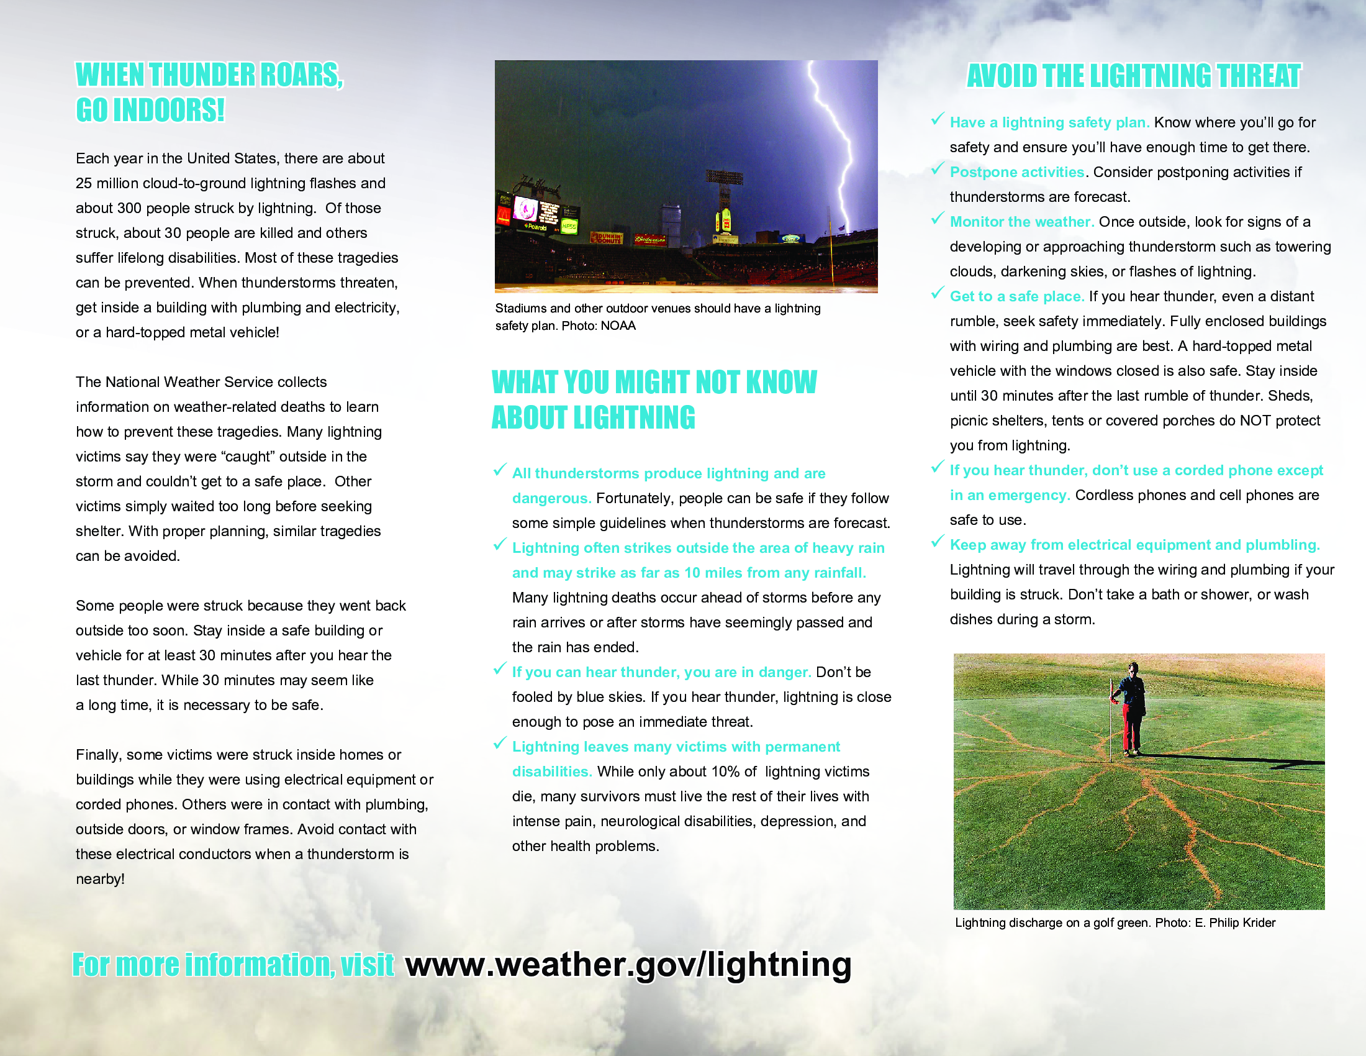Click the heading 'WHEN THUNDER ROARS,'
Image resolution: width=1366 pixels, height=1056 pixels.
(209, 75)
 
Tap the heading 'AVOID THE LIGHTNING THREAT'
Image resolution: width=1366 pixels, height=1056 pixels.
(1133, 76)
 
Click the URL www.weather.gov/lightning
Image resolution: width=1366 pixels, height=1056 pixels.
(628, 964)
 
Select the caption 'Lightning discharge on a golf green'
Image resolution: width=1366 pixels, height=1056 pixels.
(1052, 922)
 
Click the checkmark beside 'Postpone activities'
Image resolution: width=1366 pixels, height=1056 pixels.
(937, 169)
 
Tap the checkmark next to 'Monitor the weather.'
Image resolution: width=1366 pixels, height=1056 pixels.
(937, 218)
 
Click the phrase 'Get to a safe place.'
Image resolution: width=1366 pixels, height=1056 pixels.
(1016, 296)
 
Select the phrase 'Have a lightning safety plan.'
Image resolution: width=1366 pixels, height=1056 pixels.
(1049, 122)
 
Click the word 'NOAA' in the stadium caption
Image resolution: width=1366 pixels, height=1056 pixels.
(618, 326)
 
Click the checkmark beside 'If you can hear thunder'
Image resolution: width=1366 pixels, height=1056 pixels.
(499, 669)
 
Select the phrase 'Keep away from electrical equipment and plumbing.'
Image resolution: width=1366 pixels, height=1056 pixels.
(1134, 545)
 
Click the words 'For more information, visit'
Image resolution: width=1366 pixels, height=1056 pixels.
(233, 965)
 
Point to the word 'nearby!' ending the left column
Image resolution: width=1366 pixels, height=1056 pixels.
(100, 879)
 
